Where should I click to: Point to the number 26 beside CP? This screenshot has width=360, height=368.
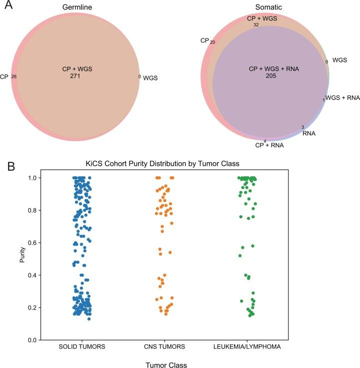tap(13, 77)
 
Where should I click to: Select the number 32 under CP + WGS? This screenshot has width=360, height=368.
tap(256, 24)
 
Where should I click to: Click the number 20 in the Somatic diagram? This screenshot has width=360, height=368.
tap(212, 42)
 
